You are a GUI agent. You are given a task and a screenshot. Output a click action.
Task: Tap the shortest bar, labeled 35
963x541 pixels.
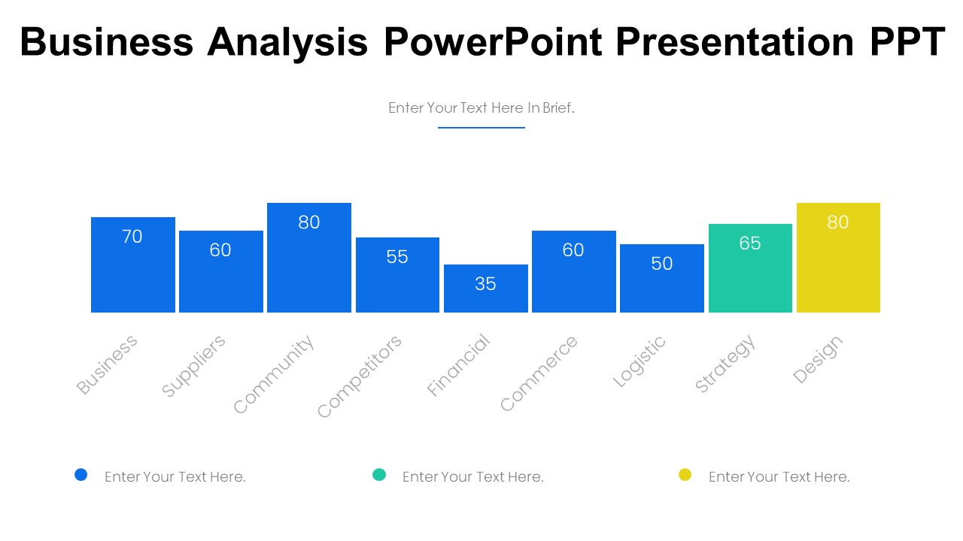point(485,289)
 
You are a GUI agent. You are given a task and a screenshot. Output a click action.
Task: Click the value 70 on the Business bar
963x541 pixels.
point(132,237)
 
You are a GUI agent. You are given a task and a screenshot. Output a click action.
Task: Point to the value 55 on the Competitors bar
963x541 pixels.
point(397,257)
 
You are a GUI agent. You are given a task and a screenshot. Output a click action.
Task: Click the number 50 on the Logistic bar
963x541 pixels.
point(662,264)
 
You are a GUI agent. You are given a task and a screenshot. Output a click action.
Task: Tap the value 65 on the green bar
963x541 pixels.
point(750,243)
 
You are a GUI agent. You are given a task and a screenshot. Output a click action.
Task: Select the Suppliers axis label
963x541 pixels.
point(193,367)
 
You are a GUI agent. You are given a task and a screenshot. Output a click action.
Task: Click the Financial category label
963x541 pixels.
point(458,365)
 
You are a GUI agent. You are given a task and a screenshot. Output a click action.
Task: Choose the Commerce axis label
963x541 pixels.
point(539,374)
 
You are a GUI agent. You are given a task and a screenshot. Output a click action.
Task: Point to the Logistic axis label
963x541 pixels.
point(639,362)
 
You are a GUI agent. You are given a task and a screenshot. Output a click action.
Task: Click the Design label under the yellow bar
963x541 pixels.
point(818,361)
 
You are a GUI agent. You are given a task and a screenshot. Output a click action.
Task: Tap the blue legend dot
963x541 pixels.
point(81,474)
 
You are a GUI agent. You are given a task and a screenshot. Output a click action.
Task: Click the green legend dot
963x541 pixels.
point(379,474)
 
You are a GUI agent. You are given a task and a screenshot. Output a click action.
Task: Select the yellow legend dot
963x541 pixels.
point(685,474)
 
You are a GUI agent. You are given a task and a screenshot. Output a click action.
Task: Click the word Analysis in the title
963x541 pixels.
point(287,41)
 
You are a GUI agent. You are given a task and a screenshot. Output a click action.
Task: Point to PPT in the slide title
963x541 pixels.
point(907,41)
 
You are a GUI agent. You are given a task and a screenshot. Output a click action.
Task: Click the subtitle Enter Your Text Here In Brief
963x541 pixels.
point(481,108)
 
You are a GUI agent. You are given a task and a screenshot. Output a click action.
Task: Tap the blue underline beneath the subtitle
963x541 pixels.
point(481,128)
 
